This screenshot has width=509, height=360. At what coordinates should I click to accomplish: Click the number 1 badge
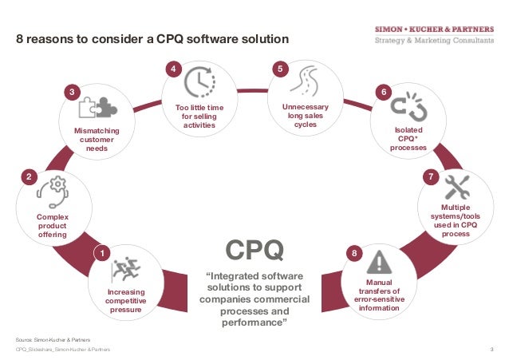101,254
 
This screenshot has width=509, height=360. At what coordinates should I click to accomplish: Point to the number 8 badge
355,254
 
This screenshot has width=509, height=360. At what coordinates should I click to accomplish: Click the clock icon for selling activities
199,81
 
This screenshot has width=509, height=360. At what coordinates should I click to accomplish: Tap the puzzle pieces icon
97,109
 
